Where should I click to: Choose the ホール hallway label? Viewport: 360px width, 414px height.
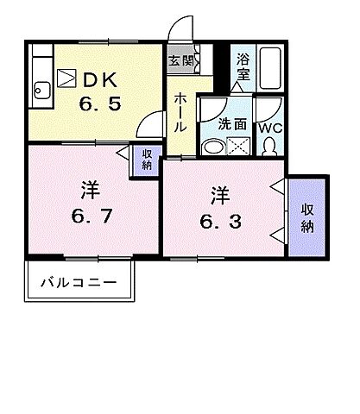[180, 112]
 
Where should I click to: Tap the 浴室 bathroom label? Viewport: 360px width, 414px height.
[243, 68]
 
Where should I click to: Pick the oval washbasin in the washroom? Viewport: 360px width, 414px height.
[211, 147]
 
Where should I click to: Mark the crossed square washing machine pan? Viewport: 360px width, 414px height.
[236, 147]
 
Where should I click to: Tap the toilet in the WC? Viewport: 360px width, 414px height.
[268, 146]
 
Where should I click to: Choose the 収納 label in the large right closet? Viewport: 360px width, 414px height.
[307, 216]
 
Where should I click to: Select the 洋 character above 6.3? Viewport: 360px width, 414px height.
[220, 195]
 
